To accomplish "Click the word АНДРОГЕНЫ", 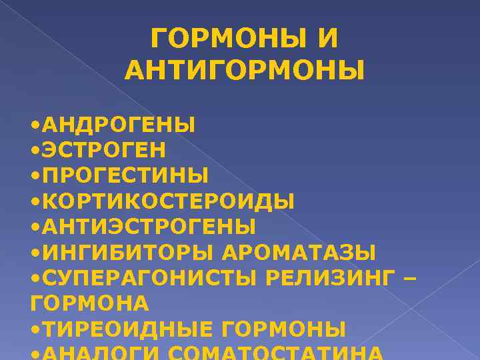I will coord(119,125).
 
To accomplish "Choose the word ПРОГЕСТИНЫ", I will coord(125,175).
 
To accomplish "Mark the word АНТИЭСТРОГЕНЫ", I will coord(149,227).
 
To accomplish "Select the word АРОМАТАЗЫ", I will coord(299,253).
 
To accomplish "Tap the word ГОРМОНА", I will coord(90,303).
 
